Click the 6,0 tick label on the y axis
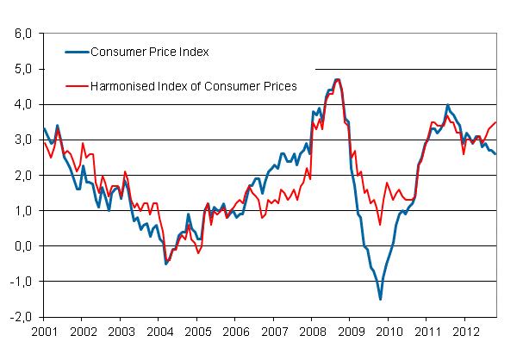(x=21, y=34)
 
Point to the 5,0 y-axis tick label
(x=21, y=69)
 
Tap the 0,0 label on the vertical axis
(x=21, y=245)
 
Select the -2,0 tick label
(x=19, y=316)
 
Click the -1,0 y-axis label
(x=19, y=281)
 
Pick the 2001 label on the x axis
(x=44, y=331)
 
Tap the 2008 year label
(x=312, y=331)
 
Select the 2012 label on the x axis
(x=465, y=331)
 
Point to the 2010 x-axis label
(x=389, y=331)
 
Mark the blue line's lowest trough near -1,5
(x=380, y=299)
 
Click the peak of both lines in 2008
(x=336, y=79)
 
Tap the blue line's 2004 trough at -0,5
(x=165, y=264)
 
